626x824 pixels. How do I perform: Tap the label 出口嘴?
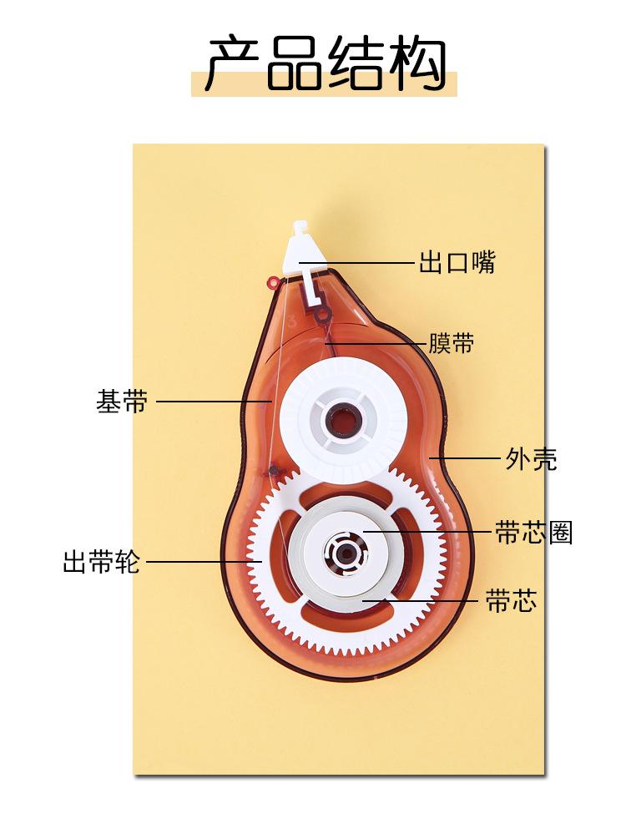point(457,262)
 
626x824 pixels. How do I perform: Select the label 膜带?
point(451,342)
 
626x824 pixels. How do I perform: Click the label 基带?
point(122,402)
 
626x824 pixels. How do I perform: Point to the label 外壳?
point(531,458)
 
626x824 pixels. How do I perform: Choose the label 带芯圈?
point(533,533)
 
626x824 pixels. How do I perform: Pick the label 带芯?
point(511,600)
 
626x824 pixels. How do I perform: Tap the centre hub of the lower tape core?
point(344,551)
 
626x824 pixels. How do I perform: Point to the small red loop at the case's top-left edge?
point(271,282)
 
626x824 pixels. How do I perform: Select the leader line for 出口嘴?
point(359,263)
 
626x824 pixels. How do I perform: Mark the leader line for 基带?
point(214,402)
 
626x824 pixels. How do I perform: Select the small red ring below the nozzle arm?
point(321,314)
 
